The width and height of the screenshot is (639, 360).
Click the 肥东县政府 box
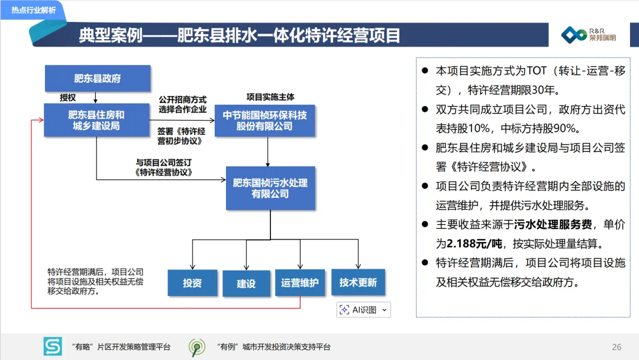click(98, 78)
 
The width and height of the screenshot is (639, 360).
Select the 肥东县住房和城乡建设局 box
click(96, 120)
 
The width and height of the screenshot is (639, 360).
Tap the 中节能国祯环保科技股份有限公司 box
click(264, 120)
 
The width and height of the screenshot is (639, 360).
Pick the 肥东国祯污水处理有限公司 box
click(270, 188)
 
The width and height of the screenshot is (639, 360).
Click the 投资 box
click(192, 283)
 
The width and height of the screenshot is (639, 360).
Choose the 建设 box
click(246, 284)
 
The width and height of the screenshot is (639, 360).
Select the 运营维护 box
click(299, 283)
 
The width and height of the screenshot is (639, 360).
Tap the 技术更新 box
click(358, 282)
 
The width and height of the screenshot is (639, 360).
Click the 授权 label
click(67, 97)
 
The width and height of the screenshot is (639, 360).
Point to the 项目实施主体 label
click(270, 97)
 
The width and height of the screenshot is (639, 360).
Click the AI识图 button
click(364, 310)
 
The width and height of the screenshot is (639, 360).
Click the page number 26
click(617, 347)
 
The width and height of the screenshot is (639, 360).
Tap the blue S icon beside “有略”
click(53, 346)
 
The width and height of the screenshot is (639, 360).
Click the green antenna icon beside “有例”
click(197, 347)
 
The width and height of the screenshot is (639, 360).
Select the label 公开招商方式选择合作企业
click(182, 105)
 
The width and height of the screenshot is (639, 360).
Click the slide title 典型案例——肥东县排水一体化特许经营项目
click(240, 36)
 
